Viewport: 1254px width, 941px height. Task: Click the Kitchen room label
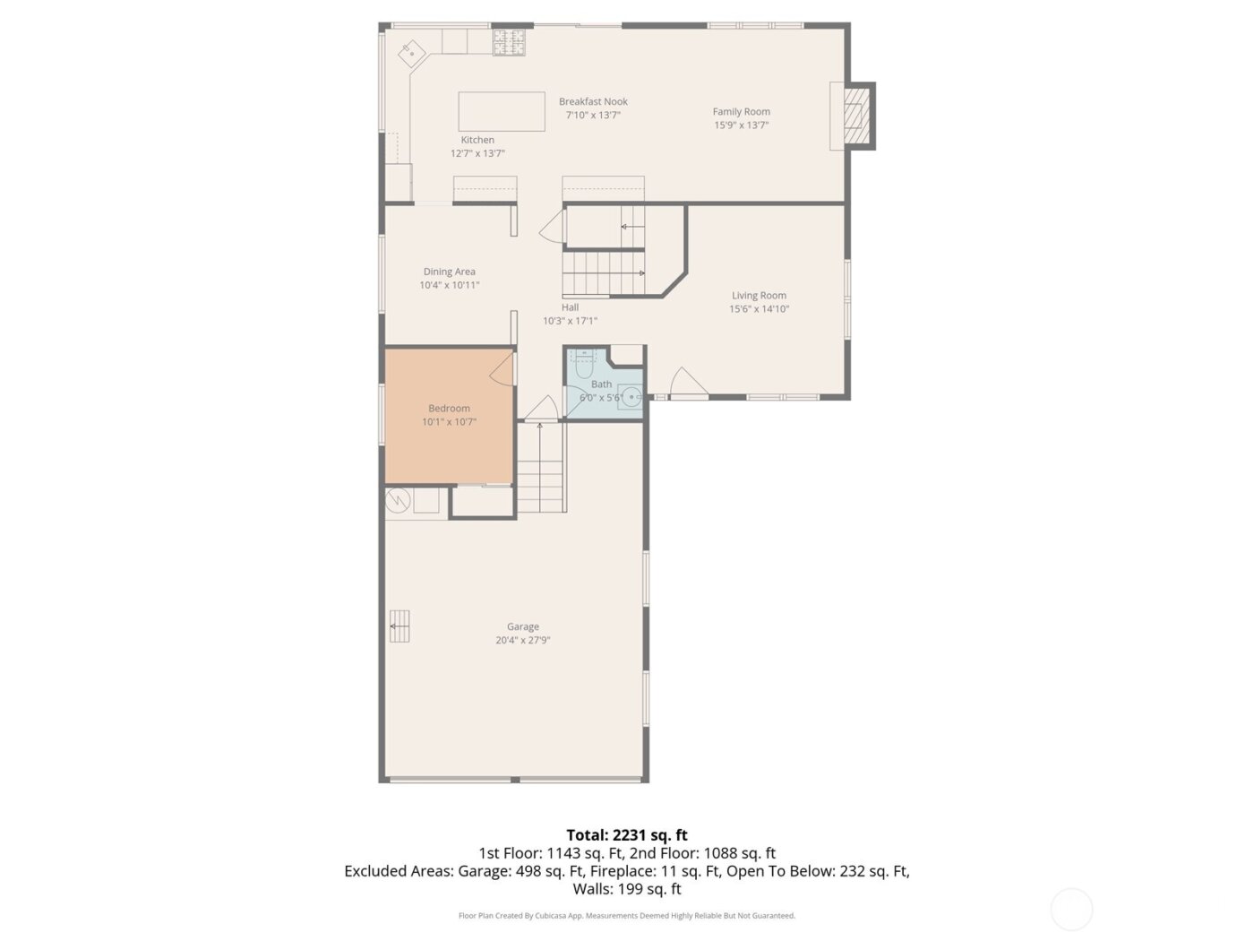pyautogui.click(x=477, y=140)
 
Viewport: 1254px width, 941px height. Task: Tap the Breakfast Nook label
pyautogui.click(x=593, y=102)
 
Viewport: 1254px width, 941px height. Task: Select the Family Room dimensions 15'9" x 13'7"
pyautogui.click(x=741, y=125)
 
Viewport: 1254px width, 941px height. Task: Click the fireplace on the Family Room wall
pyautogui.click(x=857, y=116)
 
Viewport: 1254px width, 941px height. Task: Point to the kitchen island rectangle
pyautogui.click(x=502, y=112)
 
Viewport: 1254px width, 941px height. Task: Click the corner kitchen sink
pyautogui.click(x=412, y=53)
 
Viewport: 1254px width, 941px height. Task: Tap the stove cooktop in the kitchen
pyautogui.click(x=510, y=41)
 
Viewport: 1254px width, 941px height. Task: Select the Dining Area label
pyautogui.click(x=449, y=272)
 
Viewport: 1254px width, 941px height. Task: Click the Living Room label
pyautogui.click(x=759, y=296)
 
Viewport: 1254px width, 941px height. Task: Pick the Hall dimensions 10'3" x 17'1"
pyautogui.click(x=570, y=321)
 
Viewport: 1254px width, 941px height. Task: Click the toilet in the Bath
pyautogui.click(x=584, y=366)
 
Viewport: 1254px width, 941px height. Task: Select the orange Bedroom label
pyautogui.click(x=449, y=409)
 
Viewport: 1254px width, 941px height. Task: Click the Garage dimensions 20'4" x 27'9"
pyautogui.click(x=522, y=641)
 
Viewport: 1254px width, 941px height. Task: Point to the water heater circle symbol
pyautogui.click(x=398, y=501)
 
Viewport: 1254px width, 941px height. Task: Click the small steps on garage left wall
pyautogui.click(x=399, y=626)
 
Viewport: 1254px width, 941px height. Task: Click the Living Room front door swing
pyautogui.click(x=687, y=383)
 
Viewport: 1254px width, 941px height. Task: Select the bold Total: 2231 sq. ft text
pyautogui.click(x=627, y=835)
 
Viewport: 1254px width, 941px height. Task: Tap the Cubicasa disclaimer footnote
pyautogui.click(x=627, y=916)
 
